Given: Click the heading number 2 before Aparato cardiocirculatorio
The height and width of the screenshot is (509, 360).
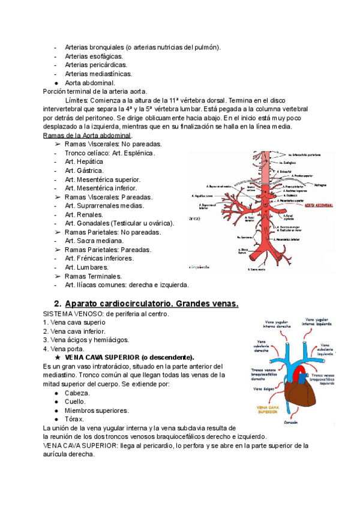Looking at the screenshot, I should tap(58, 304).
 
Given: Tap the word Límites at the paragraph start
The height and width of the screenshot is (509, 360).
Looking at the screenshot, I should tap(76, 100).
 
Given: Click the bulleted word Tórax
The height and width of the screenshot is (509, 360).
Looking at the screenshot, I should tap(75, 419).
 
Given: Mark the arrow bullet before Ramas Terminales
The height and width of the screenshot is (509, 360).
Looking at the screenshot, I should tap(58, 276).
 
